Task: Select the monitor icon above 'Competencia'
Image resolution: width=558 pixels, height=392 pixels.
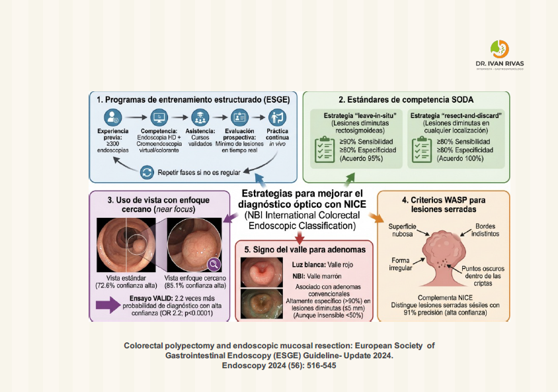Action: (x=159, y=117)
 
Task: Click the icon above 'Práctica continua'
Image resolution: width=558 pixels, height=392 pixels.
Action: (x=276, y=117)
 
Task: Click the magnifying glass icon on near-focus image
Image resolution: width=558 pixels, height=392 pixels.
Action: (x=214, y=264)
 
